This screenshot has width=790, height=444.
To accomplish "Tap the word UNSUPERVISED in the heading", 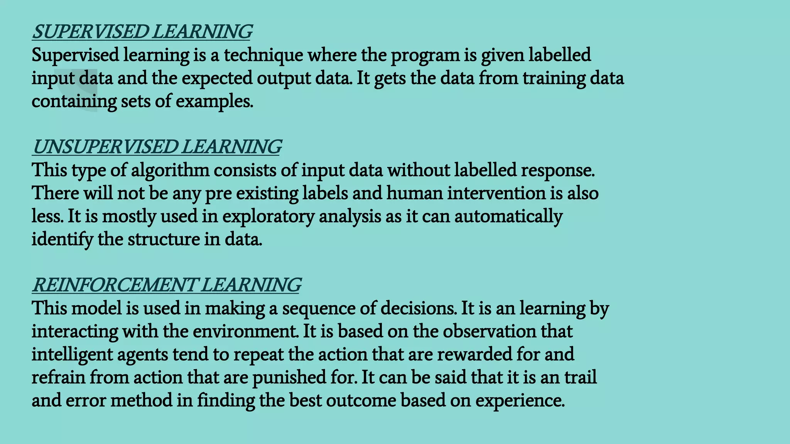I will coord(105,147).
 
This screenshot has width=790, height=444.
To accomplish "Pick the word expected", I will coord(217,79).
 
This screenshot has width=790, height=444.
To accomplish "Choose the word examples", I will coord(214,102).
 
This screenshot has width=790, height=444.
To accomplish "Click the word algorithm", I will coord(170,170).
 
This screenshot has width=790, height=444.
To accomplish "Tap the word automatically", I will coord(508,217).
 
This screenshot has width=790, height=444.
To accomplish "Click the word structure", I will coord(164,239).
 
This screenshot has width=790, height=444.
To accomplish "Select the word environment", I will coord(245,331).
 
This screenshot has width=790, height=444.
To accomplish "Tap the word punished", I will coord(289,378).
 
